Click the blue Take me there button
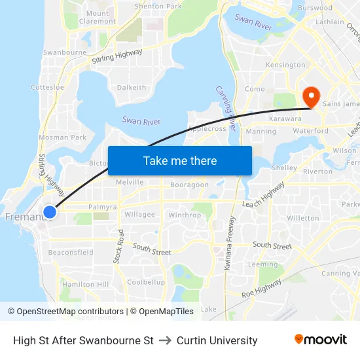point(180,160)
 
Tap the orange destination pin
point(311,98)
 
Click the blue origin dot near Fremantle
point(49,212)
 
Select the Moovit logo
point(320,340)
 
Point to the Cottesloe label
point(47,87)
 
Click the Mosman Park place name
point(62,137)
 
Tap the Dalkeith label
point(132,87)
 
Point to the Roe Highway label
point(261,288)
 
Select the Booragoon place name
point(189,185)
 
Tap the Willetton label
point(302,218)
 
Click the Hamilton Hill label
point(85,284)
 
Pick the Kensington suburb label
point(285,65)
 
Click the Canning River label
point(226,108)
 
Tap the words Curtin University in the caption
point(217,340)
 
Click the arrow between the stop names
point(165,340)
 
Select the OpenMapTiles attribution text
point(162,312)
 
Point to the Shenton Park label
point(158,6)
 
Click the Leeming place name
point(264,264)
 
